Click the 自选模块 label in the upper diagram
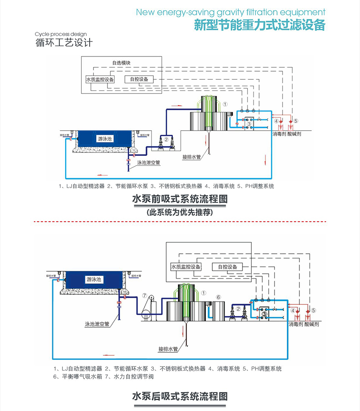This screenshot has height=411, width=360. (x=122, y=63)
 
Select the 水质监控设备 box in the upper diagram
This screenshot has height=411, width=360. (x=100, y=79)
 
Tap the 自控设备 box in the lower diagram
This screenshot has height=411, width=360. (x=228, y=267)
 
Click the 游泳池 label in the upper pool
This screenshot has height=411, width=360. (x=105, y=139)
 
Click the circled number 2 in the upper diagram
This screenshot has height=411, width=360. (x=166, y=139)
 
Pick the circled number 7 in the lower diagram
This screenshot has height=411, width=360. (x=144, y=296)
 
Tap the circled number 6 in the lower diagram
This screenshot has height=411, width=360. (x=219, y=297)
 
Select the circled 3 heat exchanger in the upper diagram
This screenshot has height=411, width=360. (x=249, y=124)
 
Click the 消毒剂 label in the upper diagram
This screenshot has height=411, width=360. (x=279, y=134)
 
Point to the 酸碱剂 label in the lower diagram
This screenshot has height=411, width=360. (x=312, y=325)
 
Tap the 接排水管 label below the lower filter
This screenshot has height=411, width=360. (x=167, y=349)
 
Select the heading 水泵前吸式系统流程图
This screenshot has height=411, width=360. (x=179, y=199)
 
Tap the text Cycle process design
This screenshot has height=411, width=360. (x=61, y=34)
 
